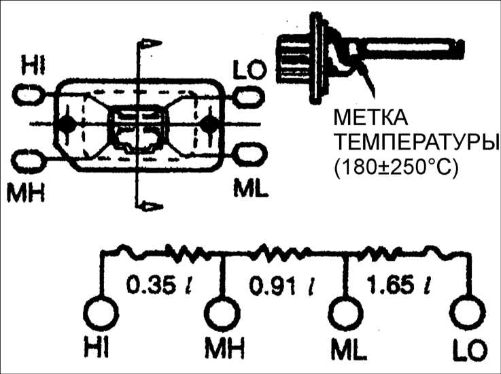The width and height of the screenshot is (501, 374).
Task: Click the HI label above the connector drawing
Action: (33, 65)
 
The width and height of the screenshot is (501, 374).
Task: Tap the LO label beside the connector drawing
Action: (249, 69)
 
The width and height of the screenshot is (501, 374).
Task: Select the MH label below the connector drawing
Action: (26, 192)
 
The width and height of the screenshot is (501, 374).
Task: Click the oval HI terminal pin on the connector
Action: (28, 95)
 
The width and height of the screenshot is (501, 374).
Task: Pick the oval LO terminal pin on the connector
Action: (249, 96)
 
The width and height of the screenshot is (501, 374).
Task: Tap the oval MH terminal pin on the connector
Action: (28, 160)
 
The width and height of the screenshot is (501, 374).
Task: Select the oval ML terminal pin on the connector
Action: (249, 154)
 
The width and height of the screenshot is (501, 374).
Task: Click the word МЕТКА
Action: (370, 118)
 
